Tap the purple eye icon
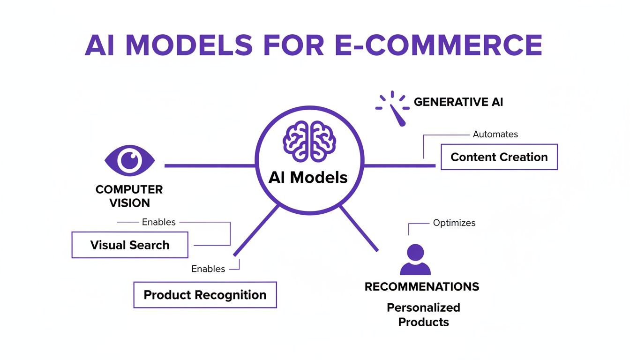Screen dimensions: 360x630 129,160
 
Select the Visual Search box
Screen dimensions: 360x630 130,245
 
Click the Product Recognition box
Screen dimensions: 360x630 205,295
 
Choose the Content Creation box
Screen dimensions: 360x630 499,157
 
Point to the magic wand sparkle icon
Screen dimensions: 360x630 393,108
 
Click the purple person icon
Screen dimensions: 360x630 415,260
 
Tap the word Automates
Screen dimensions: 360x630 495,134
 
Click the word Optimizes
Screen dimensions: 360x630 454,223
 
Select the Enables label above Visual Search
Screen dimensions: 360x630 158,222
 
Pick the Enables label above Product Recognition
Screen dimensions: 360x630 208,269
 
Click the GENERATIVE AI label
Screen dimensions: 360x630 458,102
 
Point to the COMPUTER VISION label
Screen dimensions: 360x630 129,196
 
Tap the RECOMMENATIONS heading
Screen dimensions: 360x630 422,286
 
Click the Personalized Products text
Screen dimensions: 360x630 423,315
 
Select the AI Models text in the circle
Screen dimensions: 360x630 308,177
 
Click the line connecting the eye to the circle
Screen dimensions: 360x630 210,165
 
